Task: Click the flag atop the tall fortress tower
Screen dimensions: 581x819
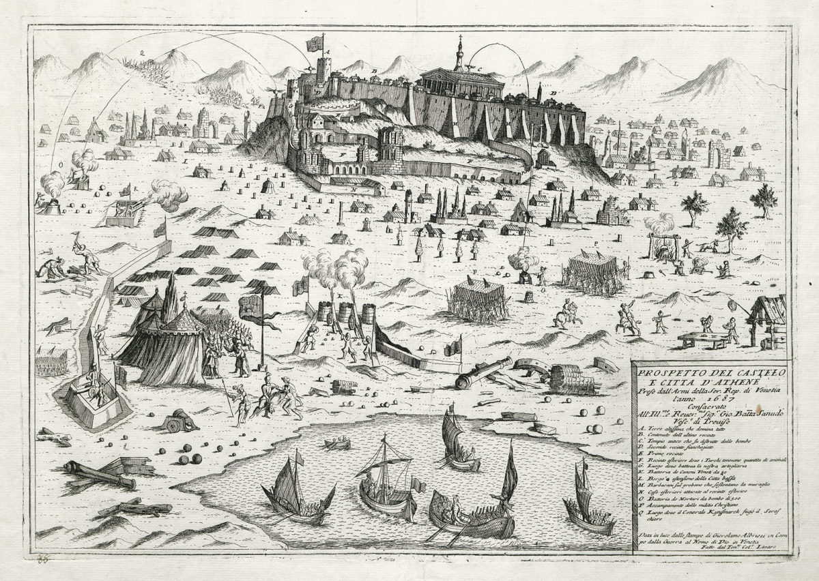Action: (315, 44)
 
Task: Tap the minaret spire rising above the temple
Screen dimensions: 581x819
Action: (459, 51)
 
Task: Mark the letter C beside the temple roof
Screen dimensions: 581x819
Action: (480, 69)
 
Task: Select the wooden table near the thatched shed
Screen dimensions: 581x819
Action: (703, 336)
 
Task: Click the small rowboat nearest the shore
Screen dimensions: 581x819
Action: (336, 445)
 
